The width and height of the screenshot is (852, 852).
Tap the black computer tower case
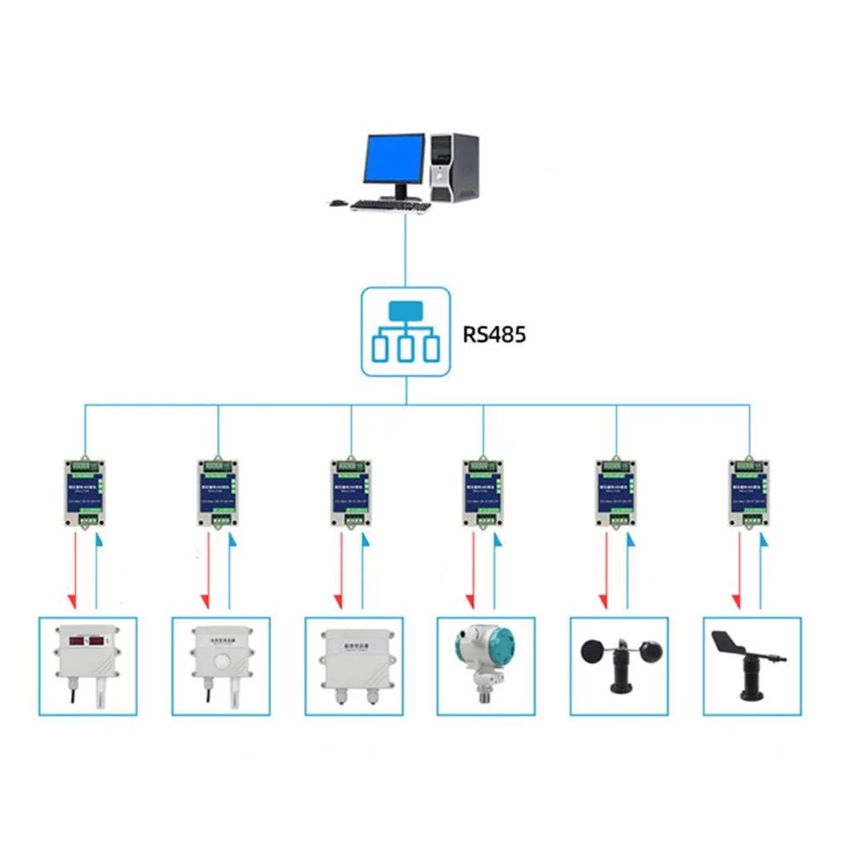tap(454, 167)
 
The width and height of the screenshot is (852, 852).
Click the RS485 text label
tap(494, 334)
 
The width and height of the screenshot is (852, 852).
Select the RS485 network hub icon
tap(405, 331)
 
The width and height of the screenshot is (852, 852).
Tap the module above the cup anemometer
tap(617, 492)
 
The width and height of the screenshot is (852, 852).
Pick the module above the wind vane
tap(751, 492)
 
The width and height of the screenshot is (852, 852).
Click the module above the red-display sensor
tap(86, 492)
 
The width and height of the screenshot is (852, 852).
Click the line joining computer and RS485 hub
tap(405, 251)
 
